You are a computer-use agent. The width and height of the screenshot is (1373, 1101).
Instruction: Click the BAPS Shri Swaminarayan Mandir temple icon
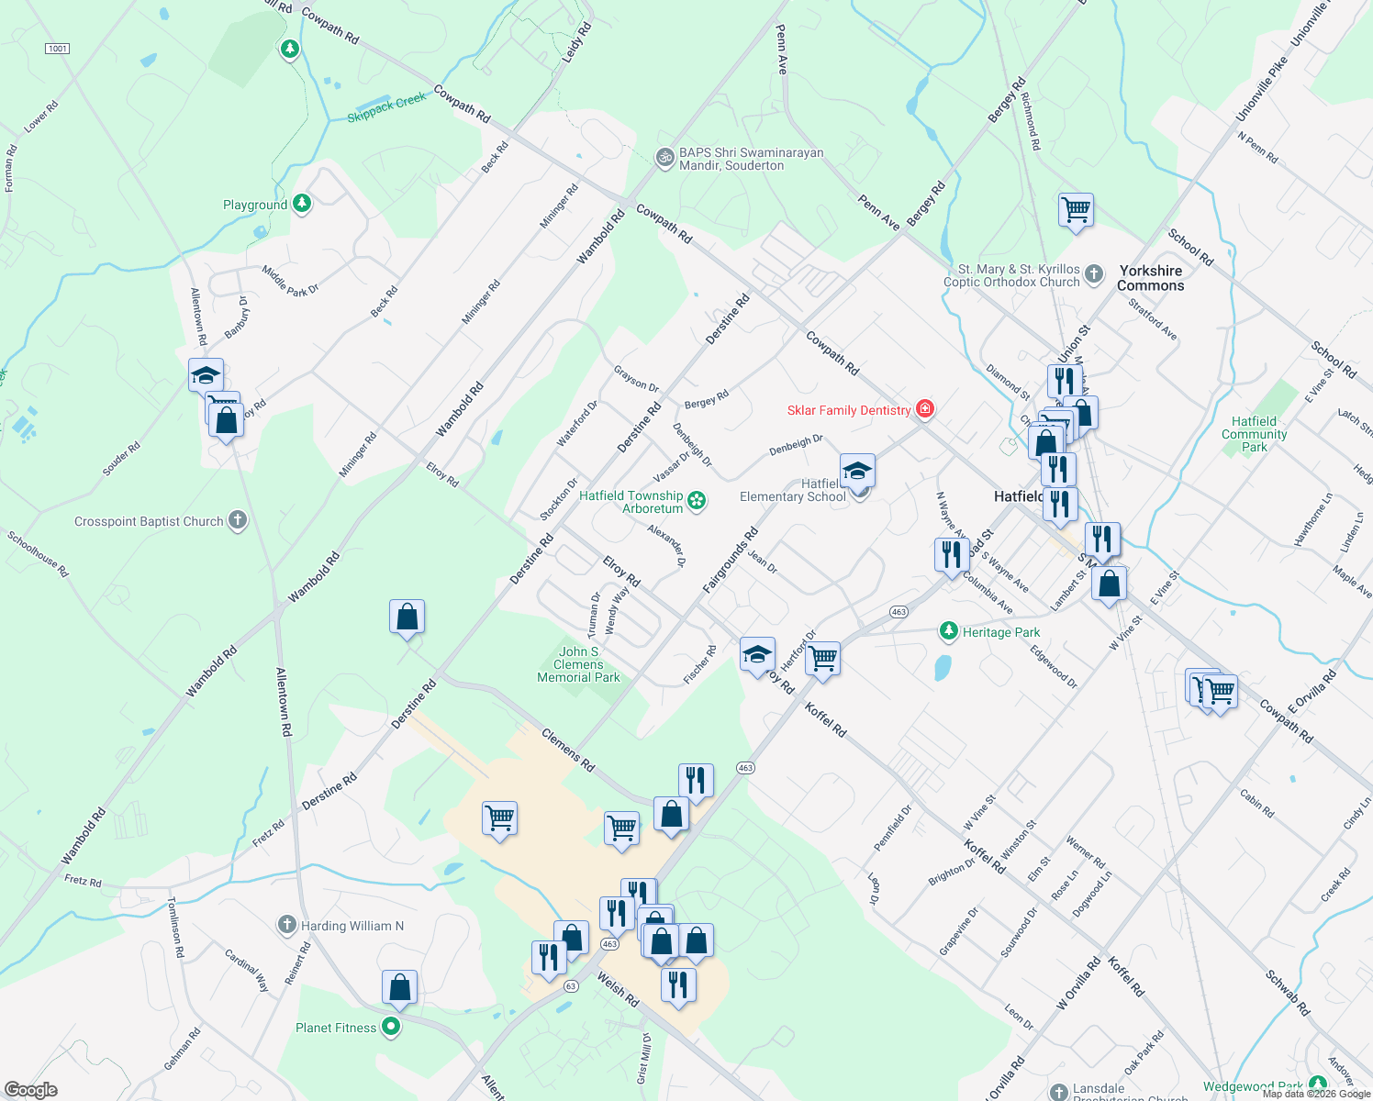click(664, 159)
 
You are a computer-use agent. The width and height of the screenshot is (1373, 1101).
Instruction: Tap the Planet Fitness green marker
click(391, 1028)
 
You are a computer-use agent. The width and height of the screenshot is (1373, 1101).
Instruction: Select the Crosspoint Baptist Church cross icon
click(238, 521)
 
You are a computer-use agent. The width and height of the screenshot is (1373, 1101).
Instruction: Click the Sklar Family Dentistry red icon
click(925, 409)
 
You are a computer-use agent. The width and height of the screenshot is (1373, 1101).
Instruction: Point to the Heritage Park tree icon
click(948, 631)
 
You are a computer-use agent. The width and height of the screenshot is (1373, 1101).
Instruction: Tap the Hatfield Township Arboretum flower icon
click(698, 500)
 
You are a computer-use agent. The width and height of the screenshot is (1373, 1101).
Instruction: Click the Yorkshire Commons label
click(1151, 278)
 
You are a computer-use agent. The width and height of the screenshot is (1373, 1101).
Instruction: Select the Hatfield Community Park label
click(1255, 434)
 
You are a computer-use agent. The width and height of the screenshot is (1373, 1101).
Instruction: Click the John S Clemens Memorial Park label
click(578, 664)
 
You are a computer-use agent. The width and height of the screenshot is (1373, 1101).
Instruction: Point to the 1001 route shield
click(57, 48)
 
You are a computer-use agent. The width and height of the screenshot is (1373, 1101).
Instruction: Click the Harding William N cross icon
click(287, 925)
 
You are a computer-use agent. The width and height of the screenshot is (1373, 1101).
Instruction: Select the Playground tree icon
click(302, 204)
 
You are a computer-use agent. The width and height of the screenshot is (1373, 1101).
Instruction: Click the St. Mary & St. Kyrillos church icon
click(1094, 273)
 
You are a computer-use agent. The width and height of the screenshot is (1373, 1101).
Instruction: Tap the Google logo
click(30, 1089)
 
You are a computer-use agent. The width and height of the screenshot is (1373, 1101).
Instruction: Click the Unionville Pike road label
click(1262, 91)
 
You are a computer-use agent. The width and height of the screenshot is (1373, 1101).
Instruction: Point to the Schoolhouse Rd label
click(39, 554)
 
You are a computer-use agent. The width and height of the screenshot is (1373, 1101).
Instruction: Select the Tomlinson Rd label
click(176, 928)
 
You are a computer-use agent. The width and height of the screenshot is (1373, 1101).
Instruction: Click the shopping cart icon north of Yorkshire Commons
click(1076, 210)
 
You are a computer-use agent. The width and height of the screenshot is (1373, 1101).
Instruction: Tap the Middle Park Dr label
click(290, 281)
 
